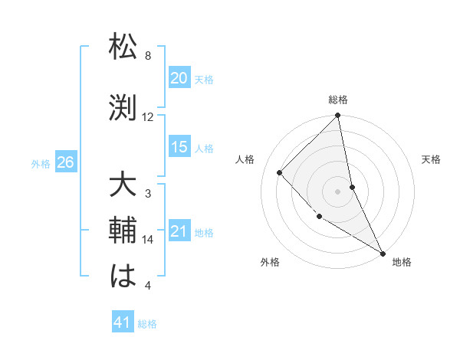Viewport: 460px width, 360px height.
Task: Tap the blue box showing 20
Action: [x=179, y=78]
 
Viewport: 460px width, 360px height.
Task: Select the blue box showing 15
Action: [x=179, y=147]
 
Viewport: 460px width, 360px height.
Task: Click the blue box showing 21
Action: [x=179, y=232]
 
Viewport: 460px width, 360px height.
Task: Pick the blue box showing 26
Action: [x=65, y=162]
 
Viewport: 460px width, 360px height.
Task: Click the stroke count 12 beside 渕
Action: [x=148, y=117]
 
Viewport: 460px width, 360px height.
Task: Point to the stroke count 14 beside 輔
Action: [x=148, y=240]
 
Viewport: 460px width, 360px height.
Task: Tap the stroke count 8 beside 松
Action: [x=148, y=56]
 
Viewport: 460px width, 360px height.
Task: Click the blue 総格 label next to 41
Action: [x=147, y=324]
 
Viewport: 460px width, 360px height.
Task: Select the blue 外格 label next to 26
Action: [x=41, y=163]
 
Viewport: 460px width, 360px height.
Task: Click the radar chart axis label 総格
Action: [x=338, y=100]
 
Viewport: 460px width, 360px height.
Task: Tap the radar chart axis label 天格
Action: [x=431, y=159]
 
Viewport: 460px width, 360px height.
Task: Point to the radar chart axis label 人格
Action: [x=245, y=159]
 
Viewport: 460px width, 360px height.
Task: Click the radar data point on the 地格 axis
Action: [x=383, y=253]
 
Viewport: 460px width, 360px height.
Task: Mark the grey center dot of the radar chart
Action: [x=338, y=191]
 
